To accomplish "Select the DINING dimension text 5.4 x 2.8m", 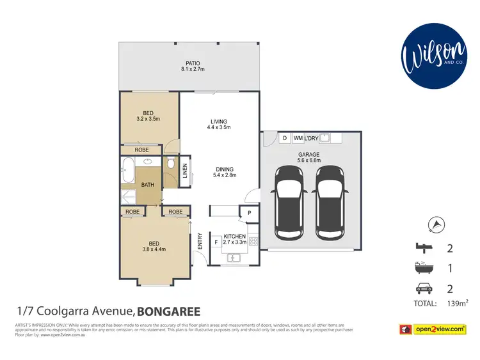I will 225,175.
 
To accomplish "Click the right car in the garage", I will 332,200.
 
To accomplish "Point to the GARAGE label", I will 308,155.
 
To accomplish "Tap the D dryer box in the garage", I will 284,138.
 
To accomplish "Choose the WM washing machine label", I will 298,138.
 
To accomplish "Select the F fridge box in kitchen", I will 216,242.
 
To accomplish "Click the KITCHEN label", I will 235,237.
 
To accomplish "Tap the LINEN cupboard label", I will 185,171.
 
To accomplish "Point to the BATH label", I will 147,185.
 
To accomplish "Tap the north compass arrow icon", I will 438,223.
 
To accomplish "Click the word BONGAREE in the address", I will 168,312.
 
